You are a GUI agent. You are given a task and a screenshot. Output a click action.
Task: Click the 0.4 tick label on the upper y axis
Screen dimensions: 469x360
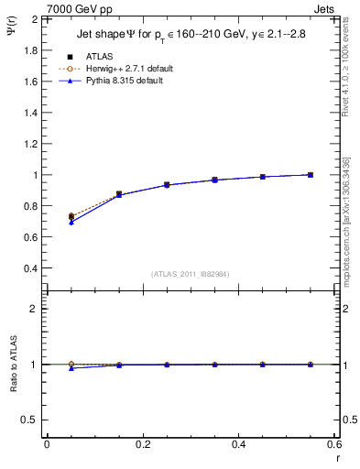tap(30, 268)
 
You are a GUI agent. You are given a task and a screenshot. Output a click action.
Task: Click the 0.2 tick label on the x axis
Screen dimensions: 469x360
tap(142, 444)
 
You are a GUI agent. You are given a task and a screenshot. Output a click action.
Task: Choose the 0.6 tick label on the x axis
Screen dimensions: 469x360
tap(334, 444)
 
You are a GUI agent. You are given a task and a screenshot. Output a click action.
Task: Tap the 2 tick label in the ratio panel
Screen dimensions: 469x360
tap(34, 309)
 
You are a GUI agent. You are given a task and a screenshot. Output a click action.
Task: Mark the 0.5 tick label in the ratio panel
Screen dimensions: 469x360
tap(30, 420)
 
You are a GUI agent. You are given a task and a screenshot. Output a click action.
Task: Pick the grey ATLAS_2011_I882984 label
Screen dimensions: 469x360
tap(190, 273)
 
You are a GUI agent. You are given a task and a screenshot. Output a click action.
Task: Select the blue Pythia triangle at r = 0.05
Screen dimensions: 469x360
tap(71, 223)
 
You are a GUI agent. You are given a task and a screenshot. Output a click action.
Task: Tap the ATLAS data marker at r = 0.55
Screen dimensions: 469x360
tap(311, 175)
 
